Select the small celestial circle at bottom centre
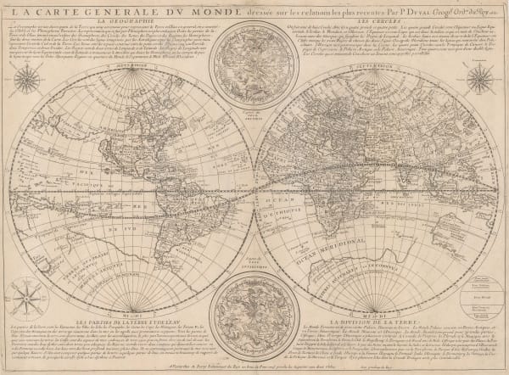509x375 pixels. point(255,315)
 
